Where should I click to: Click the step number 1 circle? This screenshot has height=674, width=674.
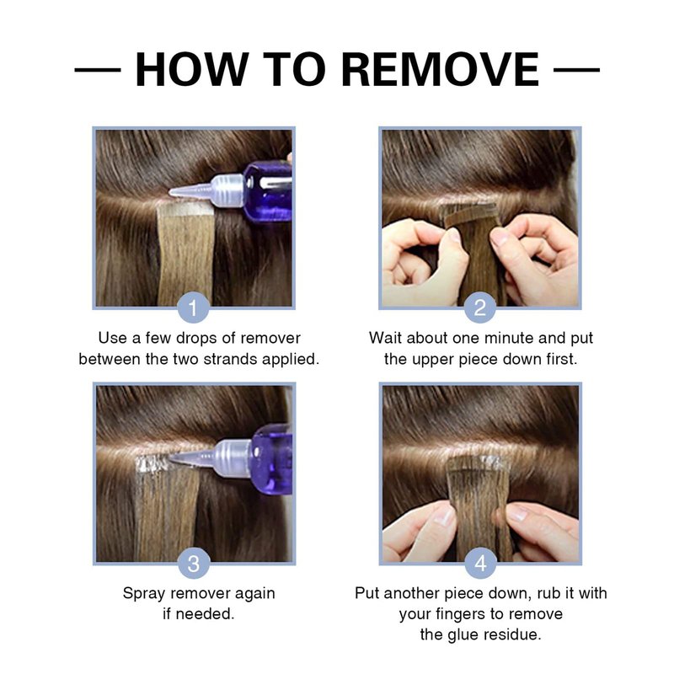pos(194,307)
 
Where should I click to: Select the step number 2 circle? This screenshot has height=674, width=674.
pos(479,307)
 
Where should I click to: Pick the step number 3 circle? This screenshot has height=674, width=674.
pos(194,563)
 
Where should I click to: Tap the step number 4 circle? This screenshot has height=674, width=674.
pos(480,563)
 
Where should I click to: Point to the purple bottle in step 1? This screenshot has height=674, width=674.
pos(267,191)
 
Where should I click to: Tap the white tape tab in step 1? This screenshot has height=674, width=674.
pos(186,209)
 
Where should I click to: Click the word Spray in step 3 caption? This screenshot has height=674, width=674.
pos(144,594)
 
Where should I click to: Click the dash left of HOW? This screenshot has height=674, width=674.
pos(98,69)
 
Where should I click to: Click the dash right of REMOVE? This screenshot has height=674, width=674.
pos(576,69)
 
